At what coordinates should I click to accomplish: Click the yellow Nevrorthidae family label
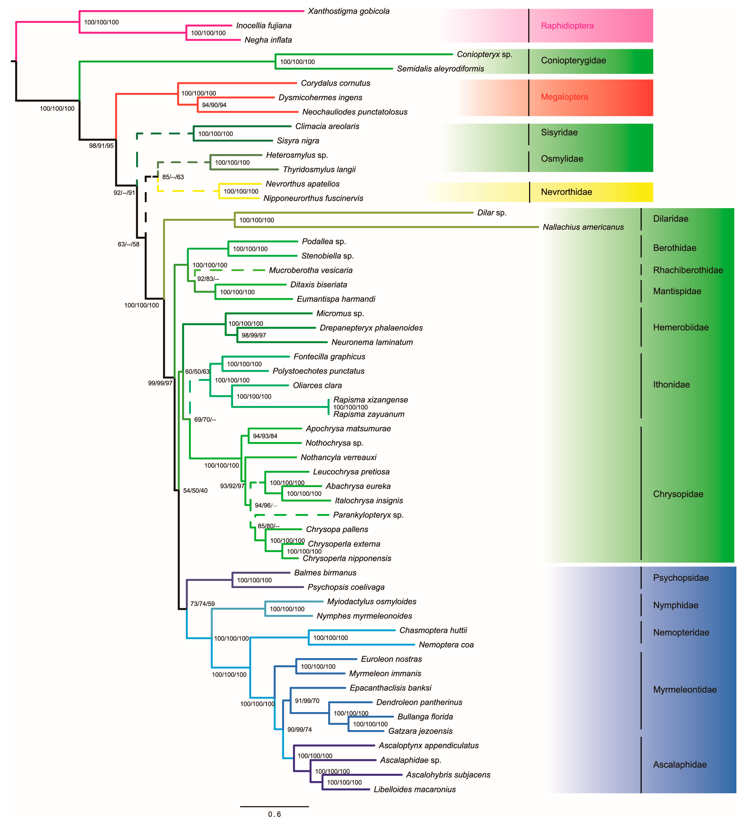point(566,192)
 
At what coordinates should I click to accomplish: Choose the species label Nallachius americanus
point(583,227)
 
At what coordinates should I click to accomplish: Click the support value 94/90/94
point(214,105)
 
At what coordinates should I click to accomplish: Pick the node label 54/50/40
point(195,491)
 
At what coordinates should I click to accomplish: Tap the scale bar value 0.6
point(274,814)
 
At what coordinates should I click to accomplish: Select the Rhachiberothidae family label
point(688,270)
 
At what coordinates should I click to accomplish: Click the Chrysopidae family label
point(678,494)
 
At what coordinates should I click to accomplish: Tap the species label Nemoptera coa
point(446,644)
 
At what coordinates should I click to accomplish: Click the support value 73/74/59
point(202,604)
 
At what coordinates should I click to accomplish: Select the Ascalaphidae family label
point(680,764)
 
